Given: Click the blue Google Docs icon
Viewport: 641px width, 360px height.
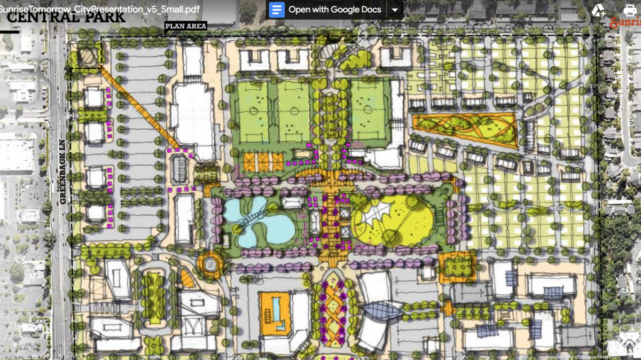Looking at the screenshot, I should [277, 10].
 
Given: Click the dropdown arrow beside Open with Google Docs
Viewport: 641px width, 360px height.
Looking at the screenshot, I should [395, 10].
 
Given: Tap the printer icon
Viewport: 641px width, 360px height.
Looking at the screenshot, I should [630, 10].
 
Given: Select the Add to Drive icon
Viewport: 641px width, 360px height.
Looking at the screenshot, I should [598, 10].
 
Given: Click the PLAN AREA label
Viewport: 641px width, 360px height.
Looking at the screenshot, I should [185, 26].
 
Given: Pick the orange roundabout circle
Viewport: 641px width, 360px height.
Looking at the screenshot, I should [209, 262].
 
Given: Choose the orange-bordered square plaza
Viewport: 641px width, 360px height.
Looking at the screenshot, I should [457, 267].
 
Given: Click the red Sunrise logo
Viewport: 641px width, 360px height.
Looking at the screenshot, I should [626, 22].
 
